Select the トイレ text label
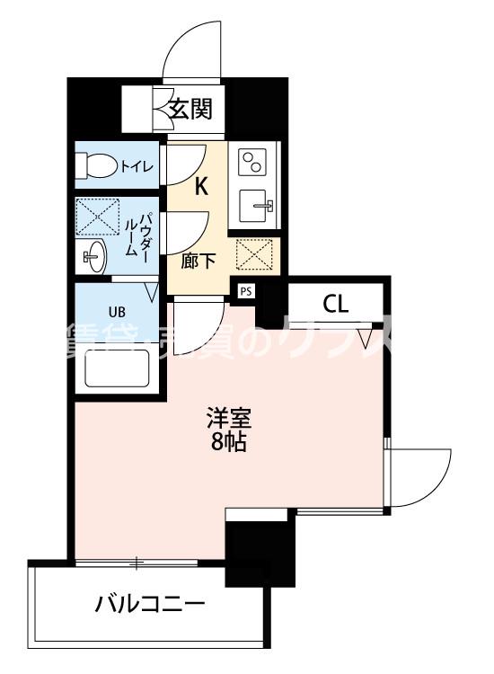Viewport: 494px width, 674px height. pyautogui.click(x=137, y=165)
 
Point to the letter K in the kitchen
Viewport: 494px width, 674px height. pyautogui.click(x=202, y=187)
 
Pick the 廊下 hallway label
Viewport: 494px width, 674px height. pyautogui.click(x=198, y=262)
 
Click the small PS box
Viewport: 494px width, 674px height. pyautogui.click(x=245, y=290)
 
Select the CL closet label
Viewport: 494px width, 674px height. pyautogui.click(x=335, y=304)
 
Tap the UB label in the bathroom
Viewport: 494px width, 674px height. pyautogui.click(x=117, y=312)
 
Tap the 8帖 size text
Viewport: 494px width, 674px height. pyautogui.click(x=228, y=441)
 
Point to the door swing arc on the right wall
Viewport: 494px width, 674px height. pyautogui.click(x=422, y=476)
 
